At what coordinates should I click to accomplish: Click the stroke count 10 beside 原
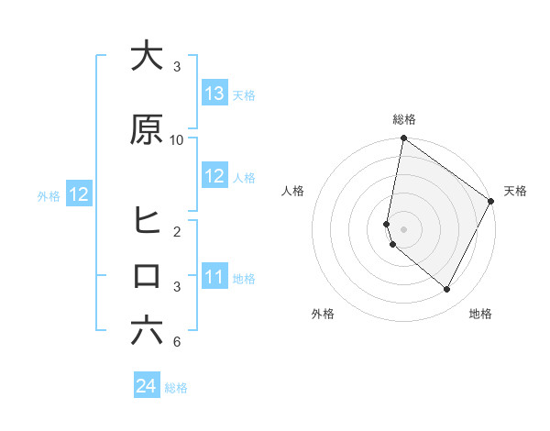(177, 139)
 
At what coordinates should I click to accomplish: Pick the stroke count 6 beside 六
(177, 342)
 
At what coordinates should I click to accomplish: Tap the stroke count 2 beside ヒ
(177, 231)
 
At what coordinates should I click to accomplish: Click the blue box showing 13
(214, 94)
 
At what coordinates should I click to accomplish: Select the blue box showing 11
(214, 277)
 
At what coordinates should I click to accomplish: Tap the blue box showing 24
(147, 386)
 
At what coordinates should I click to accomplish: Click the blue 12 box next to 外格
(78, 194)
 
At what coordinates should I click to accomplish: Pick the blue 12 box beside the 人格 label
(214, 176)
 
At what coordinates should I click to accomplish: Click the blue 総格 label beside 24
(176, 388)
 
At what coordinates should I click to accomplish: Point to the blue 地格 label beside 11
(244, 278)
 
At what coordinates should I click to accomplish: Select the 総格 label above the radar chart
(403, 119)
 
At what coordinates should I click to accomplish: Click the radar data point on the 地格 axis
(447, 290)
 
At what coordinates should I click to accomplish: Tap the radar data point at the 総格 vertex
(403, 139)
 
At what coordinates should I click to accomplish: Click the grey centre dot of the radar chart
(403, 228)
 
